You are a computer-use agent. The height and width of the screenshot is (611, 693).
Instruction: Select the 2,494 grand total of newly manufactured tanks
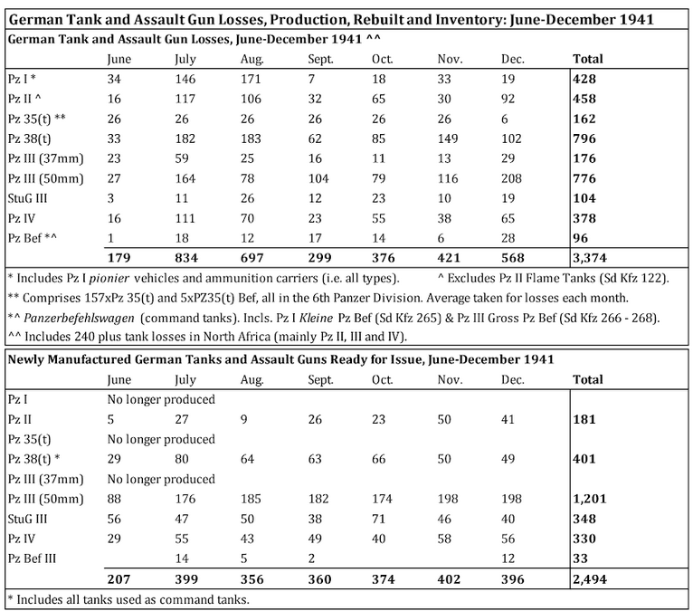(x=593, y=579)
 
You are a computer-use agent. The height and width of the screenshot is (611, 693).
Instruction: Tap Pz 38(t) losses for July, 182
(x=184, y=138)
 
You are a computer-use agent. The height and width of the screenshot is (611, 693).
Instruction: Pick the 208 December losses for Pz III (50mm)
(x=511, y=177)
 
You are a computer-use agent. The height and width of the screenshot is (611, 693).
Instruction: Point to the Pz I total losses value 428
(x=584, y=79)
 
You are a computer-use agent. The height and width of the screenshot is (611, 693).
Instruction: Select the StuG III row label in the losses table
(x=30, y=197)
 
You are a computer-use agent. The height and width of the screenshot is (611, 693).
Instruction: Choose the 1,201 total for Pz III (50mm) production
(x=591, y=499)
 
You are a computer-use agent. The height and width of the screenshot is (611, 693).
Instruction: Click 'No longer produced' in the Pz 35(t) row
(x=160, y=439)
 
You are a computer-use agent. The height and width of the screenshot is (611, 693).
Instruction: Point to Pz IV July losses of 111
(x=184, y=217)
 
